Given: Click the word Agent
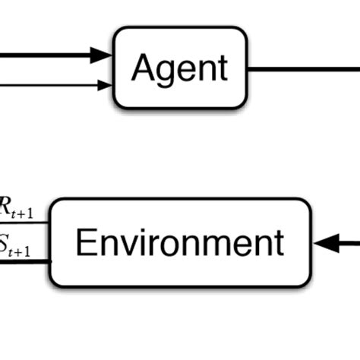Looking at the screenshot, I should pyautogui.click(x=179, y=68).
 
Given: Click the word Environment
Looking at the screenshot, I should pyautogui.click(x=180, y=243).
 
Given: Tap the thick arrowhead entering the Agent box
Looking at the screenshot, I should pyautogui.click(x=102, y=55).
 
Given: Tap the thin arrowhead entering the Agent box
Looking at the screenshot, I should pyautogui.click(x=106, y=85).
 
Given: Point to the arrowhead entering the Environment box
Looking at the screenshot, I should pyautogui.click(x=324, y=243).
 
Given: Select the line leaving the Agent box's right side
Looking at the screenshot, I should pyautogui.click(x=304, y=68).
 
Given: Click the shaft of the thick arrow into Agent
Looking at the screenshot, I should pyautogui.click(x=46, y=55).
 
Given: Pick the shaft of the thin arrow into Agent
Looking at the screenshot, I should pyautogui.click(x=46, y=85).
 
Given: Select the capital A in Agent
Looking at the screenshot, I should pyautogui.click(x=142, y=68).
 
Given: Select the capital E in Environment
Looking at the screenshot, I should pyautogui.click(x=85, y=243).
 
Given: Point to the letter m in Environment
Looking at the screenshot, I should pyautogui.click(x=214, y=246).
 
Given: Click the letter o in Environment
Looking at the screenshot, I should pyautogui.click(x=163, y=246).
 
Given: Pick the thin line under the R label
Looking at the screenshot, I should pyautogui.click(x=23, y=223).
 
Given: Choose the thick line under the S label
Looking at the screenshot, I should pyautogui.click(x=23, y=262).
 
